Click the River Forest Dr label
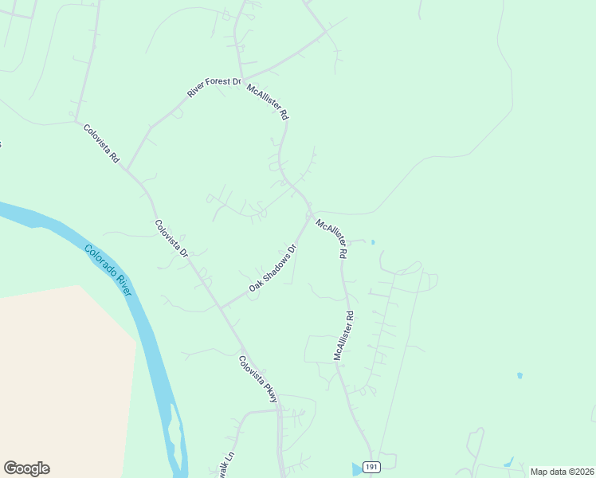[214, 88]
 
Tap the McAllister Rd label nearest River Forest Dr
[268, 101]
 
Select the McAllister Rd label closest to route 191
[343, 336]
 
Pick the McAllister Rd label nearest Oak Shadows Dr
[332, 238]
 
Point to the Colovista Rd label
[101, 143]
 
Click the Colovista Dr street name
[171, 238]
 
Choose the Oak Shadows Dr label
[273, 268]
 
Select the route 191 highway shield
[370, 467]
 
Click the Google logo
[26, 468]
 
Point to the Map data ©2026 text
[562, 472]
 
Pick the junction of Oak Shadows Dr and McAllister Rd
[308, 215]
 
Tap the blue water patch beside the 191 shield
[355, 469]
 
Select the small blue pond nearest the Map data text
[508, 463]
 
